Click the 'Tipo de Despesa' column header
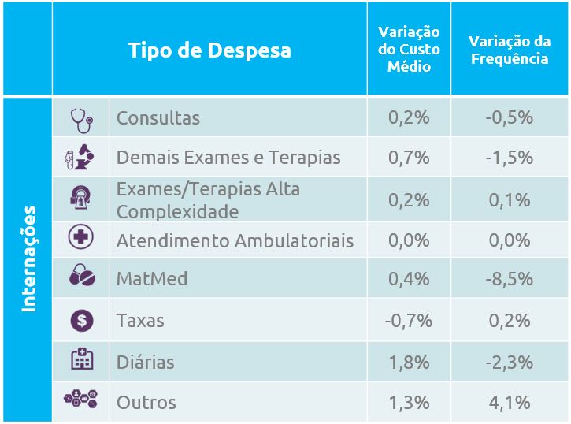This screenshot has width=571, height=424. click(x=209, y=50)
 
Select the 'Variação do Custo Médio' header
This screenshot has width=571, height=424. click(x=409, y=50)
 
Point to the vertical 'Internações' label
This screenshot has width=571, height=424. click(x=29, y=258)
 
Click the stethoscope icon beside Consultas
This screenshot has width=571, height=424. click(x=80, y=118)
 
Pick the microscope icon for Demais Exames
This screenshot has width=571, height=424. click(x=80, y=158)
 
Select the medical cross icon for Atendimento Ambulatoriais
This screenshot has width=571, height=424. click(x=81, y=240)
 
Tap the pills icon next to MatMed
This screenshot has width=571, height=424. click(x=81, y=277)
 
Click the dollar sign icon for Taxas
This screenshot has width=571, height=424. click(x=81, y=320)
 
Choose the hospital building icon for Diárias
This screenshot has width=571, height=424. click(x=81, y=361)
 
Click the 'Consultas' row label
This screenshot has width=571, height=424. click(x=158, y=118)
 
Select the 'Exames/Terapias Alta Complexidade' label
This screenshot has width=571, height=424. click(x=208, y=200)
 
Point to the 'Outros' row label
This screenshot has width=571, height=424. click(x=146, y=403)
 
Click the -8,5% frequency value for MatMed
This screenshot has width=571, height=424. click(x=509, y=279)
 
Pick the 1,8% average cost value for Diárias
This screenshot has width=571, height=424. click(x=409, y=363)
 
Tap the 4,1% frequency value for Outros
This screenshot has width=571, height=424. click(x=509, y=403)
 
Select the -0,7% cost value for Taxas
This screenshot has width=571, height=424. click(x=409, y=321)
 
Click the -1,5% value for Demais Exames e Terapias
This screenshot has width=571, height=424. click(x=509, y=158)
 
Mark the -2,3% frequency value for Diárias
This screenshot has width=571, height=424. click(x=509, y=363)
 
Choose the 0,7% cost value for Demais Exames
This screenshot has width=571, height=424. click(x=409, y=158)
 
